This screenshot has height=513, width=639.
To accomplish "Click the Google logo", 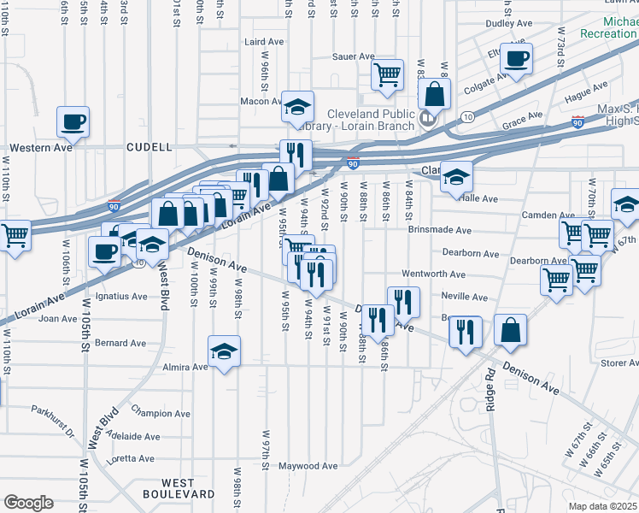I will click(28, 503).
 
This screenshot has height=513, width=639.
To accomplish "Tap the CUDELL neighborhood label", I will click(149, 147).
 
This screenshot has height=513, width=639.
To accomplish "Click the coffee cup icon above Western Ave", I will click(73, 121).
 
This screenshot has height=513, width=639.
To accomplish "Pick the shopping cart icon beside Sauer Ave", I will click(387, 74).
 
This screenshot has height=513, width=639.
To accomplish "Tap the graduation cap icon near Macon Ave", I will click(298, 106).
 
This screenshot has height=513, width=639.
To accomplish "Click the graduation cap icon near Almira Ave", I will click(224, 351).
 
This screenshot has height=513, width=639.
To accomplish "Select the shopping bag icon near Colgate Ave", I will click(435, 93).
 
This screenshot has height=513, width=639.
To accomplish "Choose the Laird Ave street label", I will click(263, 40).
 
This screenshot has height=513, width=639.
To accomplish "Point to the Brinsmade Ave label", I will click(439, 230).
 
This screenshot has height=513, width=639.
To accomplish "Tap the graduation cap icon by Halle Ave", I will click(455, 176).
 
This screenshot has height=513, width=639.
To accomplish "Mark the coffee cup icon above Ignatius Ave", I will click(105, 251).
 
